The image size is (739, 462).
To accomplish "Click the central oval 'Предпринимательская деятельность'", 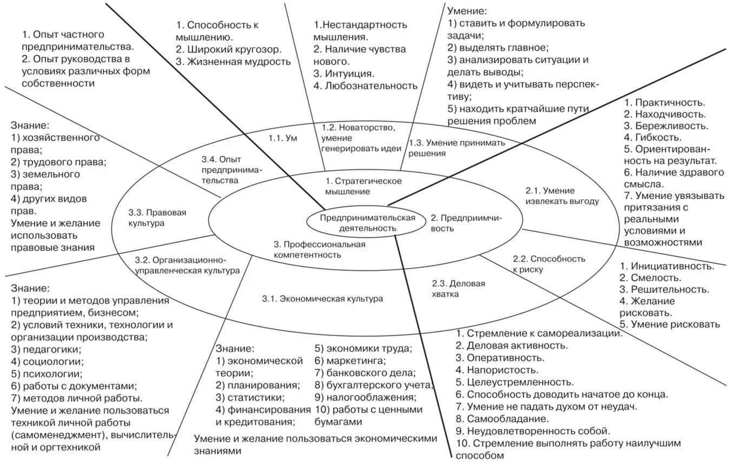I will (x=367, y=223).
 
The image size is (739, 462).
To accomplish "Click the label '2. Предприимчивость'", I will (x=466, y=223).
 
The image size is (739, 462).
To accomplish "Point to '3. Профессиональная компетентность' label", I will (x=319, y=249).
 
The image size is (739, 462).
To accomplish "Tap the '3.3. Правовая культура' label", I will (x=157, y=217).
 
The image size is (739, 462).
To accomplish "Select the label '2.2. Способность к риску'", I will (x=549, y=263).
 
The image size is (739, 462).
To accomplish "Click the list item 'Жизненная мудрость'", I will (x=239, y=62).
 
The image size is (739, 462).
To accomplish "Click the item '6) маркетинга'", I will (x=350, y=360).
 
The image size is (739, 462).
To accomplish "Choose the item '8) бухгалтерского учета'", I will (x=374, y=385).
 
